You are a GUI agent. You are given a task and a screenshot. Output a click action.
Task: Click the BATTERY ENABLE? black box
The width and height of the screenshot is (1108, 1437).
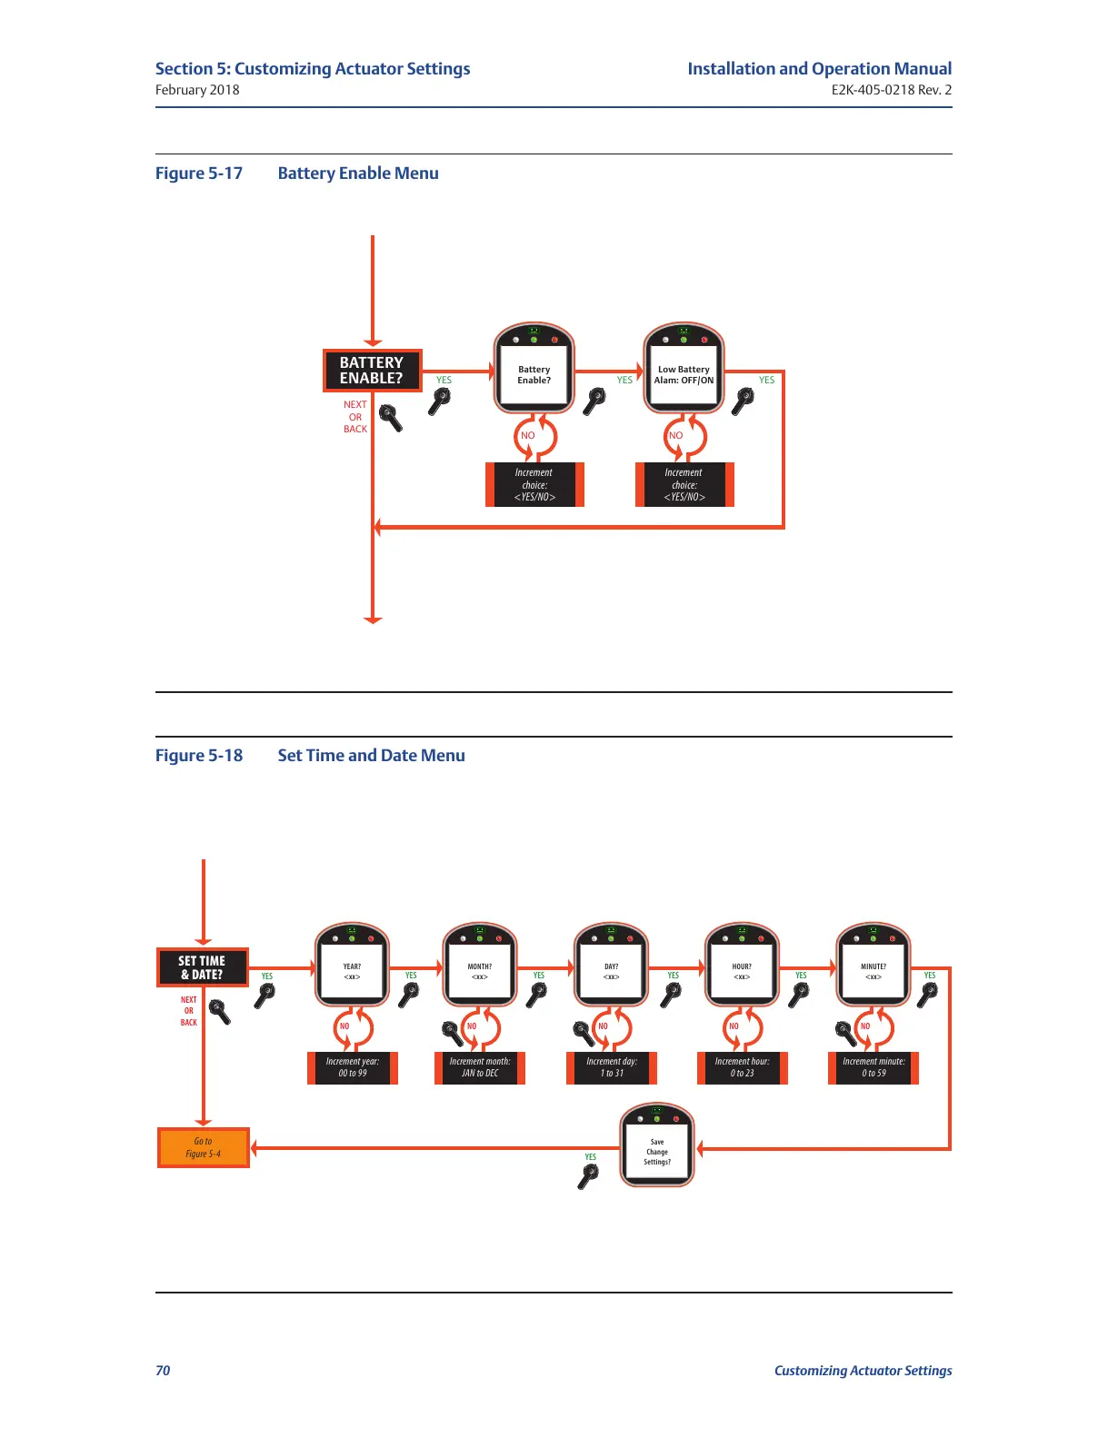[372, 371]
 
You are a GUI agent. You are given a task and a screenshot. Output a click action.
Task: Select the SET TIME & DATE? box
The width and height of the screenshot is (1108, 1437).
[202, 967]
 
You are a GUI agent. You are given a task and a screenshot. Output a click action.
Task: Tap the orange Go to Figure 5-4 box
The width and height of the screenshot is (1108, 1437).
[203, 1148]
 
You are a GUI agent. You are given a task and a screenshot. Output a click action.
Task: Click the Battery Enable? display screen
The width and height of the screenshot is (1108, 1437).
[534, 374]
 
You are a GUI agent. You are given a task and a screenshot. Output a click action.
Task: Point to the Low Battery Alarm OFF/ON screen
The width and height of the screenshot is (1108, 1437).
[684, 374]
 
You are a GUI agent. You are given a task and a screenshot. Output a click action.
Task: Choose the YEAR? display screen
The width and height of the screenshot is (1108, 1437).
[352, 972]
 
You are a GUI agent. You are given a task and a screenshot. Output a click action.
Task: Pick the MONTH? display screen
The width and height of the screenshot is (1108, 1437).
[480, 972]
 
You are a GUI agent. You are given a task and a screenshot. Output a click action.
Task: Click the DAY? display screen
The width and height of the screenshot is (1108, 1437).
[612, 972]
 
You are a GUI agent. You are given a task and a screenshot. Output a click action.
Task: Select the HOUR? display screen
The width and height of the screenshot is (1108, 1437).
[742, 972]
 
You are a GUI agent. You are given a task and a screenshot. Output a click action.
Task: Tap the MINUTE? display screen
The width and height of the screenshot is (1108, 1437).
[873, 972]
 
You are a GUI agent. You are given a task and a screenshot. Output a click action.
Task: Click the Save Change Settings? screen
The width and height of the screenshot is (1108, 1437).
[657, 1152]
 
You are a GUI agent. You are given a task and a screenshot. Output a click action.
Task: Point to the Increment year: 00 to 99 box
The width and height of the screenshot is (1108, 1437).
[353, 1067]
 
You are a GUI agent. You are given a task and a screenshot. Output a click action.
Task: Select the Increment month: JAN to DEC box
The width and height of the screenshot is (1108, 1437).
[480, 1067]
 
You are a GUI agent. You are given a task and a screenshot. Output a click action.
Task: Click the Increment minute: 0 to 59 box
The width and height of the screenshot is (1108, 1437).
[873, 1067]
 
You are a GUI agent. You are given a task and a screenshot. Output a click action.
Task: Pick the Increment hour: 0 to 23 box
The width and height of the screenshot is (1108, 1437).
[742, 1067]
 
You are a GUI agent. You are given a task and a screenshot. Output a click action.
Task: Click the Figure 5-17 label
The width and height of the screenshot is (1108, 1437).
[199, 173]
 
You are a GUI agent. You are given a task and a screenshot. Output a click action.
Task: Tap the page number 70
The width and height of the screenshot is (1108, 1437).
[163, 1371]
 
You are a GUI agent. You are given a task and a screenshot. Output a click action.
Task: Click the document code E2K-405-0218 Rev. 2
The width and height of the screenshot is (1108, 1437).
[891, 90]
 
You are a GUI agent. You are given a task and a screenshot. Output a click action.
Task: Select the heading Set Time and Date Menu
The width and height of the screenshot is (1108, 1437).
[371, 756]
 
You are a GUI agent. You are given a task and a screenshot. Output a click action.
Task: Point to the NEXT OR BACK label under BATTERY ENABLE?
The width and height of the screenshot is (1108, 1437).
[355, 417]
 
